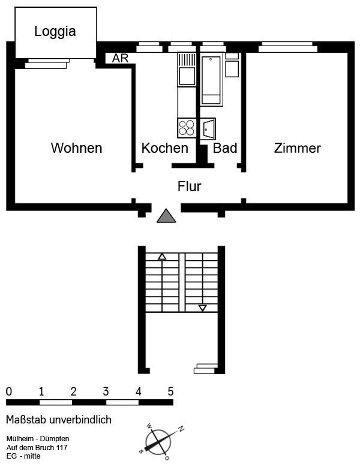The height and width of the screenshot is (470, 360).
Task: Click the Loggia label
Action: pyautogui.click(x=55, y=31)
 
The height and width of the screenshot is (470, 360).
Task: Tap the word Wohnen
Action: pyautogui.click(x=77, y=148)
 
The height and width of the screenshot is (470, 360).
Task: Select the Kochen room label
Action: pyautogui.click(x=164, y=148)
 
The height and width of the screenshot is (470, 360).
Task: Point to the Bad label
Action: pyautogui.click(x=225, y=148)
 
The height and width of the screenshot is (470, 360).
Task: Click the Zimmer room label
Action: pyautogui.click(x=298, y=148)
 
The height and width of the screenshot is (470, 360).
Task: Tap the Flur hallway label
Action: pyautogui.click(x=190, y=186)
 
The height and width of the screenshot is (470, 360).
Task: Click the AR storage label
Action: pyautogui.click(x=120, y=58)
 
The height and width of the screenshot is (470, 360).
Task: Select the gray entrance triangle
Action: pyautogui.click(x=166, y=216)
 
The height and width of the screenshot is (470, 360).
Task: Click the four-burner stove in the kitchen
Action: pyautogui.click(x=187, y=128)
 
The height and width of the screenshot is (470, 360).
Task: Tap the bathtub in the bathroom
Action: pyautogui.click(x=211, y=80)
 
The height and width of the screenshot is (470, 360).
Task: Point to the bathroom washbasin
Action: pyautogui.click(x=208, y=129)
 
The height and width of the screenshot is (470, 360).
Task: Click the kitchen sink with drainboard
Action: pyautogui.click(x=187, y=70)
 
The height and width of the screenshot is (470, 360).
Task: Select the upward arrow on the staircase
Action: pyautogui.click(x=162, y=257)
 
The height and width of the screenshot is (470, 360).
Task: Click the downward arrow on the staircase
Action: pyautogui.click(x=203, y=308)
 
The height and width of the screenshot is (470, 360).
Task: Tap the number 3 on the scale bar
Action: pyautogui.click(x=106, y=391)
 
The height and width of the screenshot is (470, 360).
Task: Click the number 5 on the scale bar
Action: pyautogui.click(x=170, y=391)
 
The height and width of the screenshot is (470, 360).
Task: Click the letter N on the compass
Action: pyautogui.click(x=181, y=429)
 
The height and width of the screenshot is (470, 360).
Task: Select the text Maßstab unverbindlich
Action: pyautogui.click(x=59, y=420)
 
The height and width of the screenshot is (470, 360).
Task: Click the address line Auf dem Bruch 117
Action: pyautogui.click(x=37, y=447)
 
